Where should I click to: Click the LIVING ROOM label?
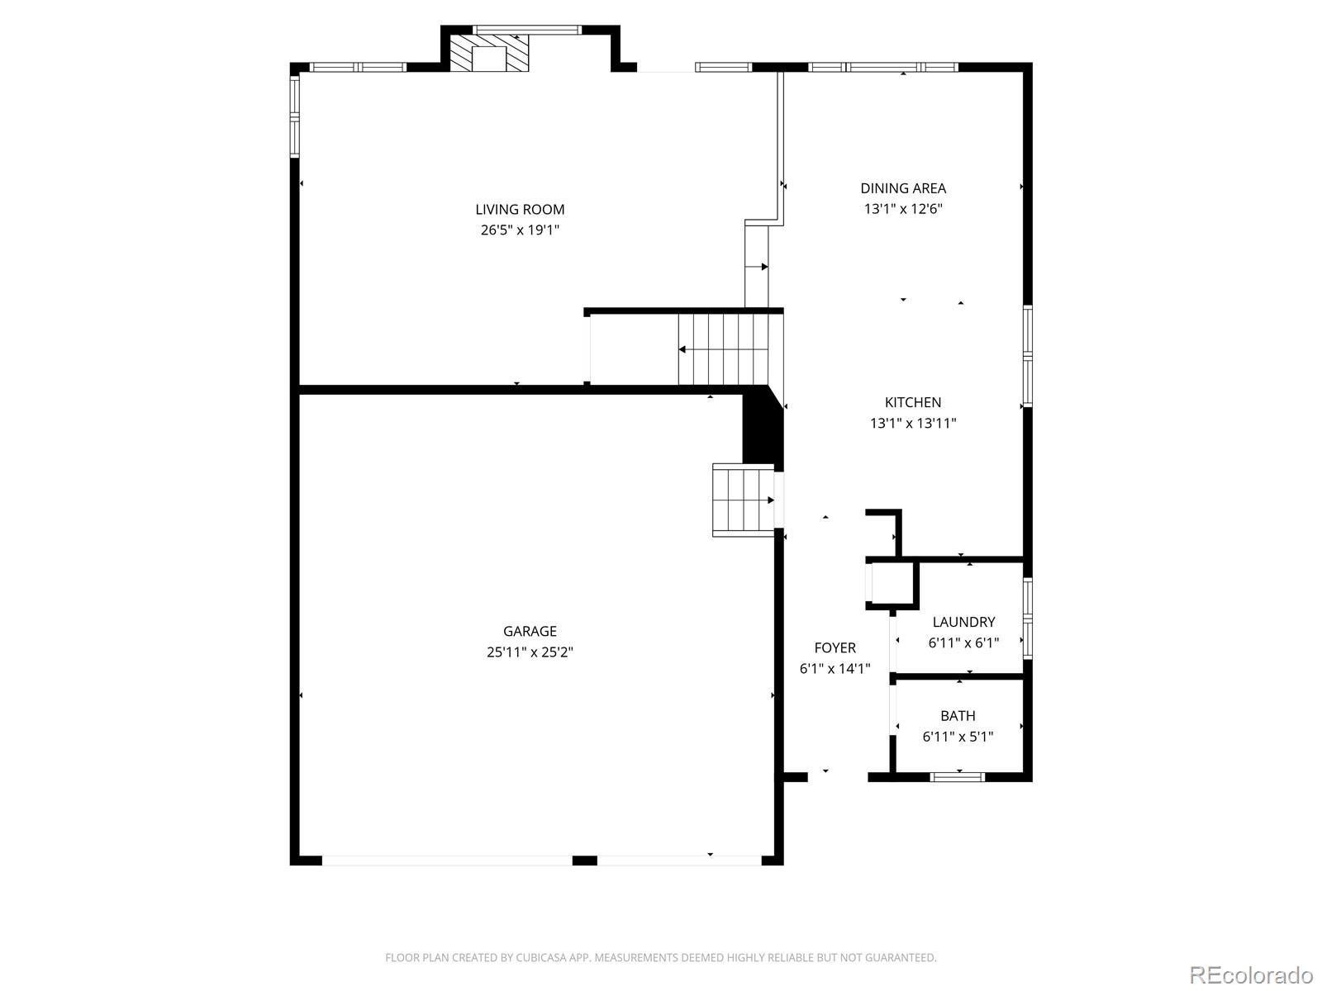coord(520,210)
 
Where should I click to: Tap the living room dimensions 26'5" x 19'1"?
coord(520,230)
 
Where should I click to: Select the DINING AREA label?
coord(903,188)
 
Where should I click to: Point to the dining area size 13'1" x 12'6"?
coord(903,209)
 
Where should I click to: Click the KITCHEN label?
coord(912,402)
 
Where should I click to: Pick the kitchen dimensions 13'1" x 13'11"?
coord(913,423)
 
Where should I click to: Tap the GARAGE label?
coord(530,631)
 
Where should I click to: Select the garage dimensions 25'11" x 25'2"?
coord(530,652)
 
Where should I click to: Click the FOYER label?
coord(835,647)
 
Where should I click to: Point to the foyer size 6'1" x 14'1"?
coord(835,668)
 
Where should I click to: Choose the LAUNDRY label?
coord(963,622)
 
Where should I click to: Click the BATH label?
coord(958,715)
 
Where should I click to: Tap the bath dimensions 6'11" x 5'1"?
coord(958,737)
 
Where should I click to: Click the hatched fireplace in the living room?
coord(490,53)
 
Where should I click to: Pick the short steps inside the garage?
coord(743,500)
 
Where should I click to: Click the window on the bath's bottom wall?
coord(957,777)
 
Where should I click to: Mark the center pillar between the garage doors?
coord(584,861)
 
